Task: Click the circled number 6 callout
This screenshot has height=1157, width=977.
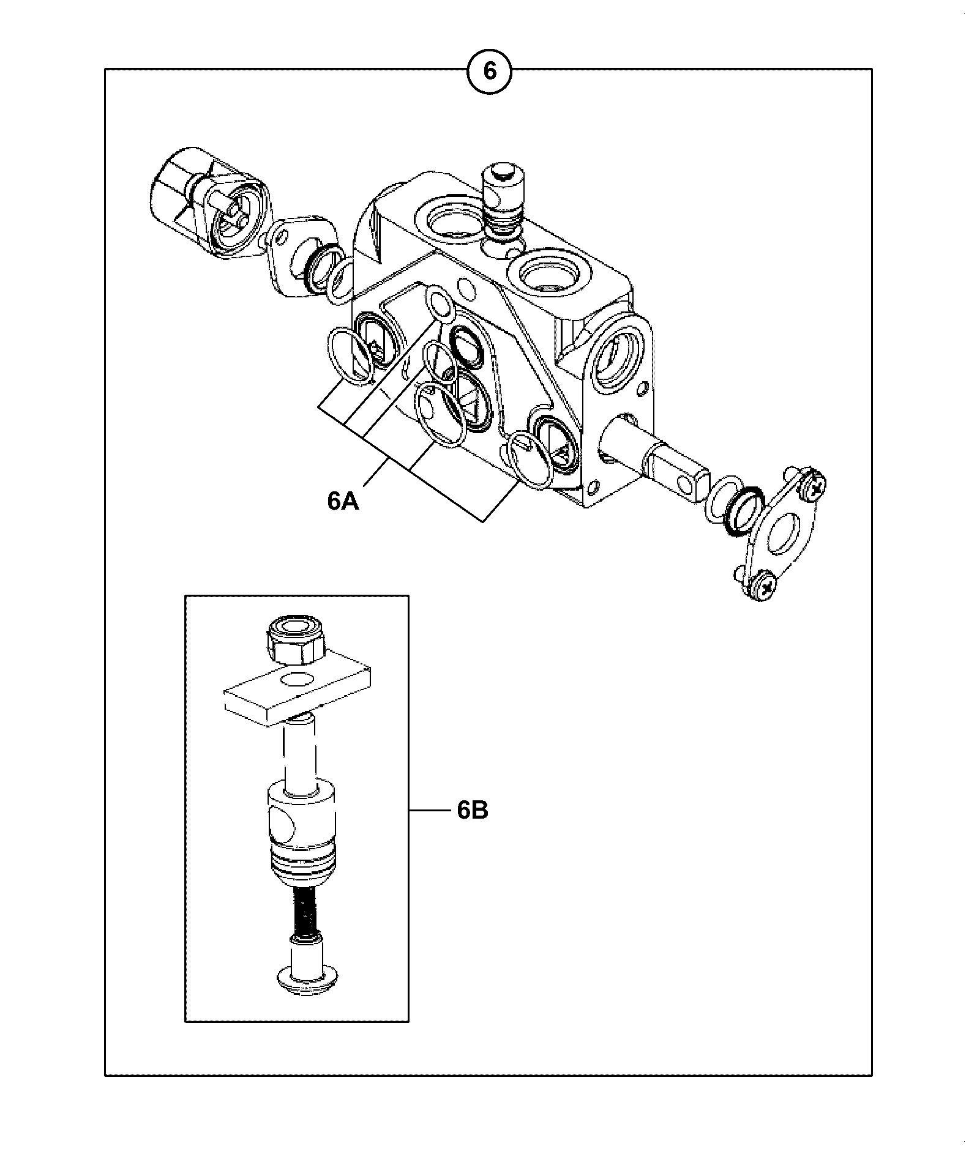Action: coord(489,72)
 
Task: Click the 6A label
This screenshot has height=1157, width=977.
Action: coord(343,501)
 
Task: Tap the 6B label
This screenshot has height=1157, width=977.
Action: coord(472,811)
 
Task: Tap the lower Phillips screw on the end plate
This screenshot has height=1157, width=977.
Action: coord(764,588)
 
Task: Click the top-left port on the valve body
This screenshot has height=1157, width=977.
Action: coord(446,220)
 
